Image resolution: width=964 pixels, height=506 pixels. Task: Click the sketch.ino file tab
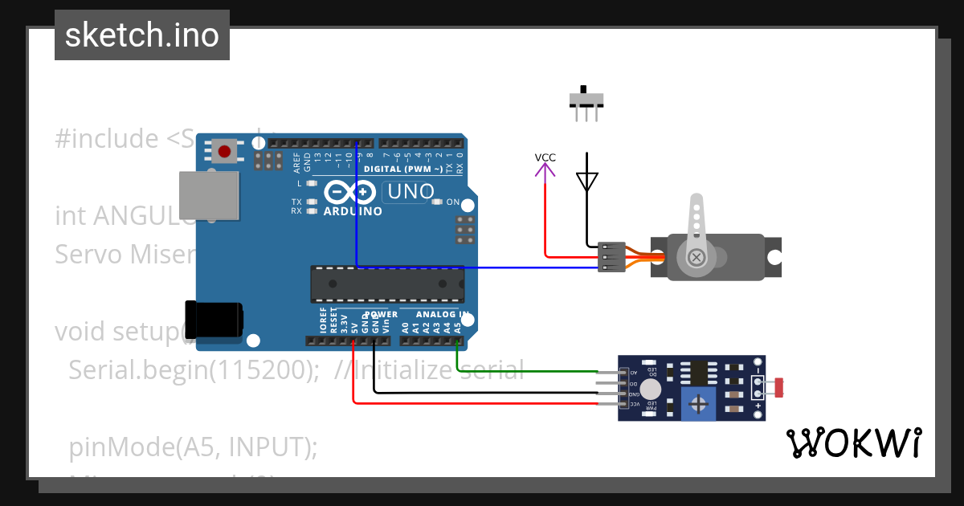tap(141, 35)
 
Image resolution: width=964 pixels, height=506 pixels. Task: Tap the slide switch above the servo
tap(586, 100)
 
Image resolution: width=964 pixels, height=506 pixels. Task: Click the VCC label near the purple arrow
tap(545, 157)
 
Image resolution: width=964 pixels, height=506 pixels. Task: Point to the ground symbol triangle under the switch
tap(587, 181)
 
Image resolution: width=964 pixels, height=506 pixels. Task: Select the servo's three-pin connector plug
tap(611, 257)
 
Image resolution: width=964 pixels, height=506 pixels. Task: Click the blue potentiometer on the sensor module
tap(698, 403)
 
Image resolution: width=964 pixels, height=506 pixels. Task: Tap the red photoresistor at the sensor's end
tap(778, 388)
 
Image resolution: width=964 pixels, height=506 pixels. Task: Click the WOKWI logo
tap(853, 443)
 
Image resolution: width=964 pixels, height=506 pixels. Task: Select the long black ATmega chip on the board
tap(387, 284)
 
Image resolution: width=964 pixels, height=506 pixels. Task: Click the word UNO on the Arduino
tap(411, 192)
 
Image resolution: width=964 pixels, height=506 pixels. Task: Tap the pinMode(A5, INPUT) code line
tap(193, 447)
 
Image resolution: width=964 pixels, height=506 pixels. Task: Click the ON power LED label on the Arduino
tap(452, 202)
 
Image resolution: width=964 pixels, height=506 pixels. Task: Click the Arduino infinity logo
tap(351, 193)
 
